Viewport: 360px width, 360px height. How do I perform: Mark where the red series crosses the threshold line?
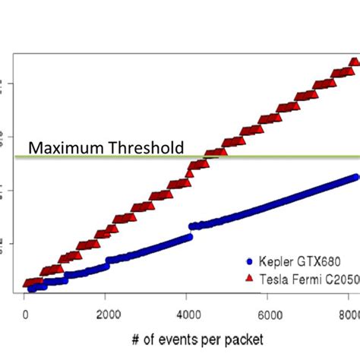[x=207, y=156]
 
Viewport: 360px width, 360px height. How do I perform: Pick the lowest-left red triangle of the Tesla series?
[x=29, y=283]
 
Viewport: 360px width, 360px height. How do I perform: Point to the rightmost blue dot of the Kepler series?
[x=355, y=176]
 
